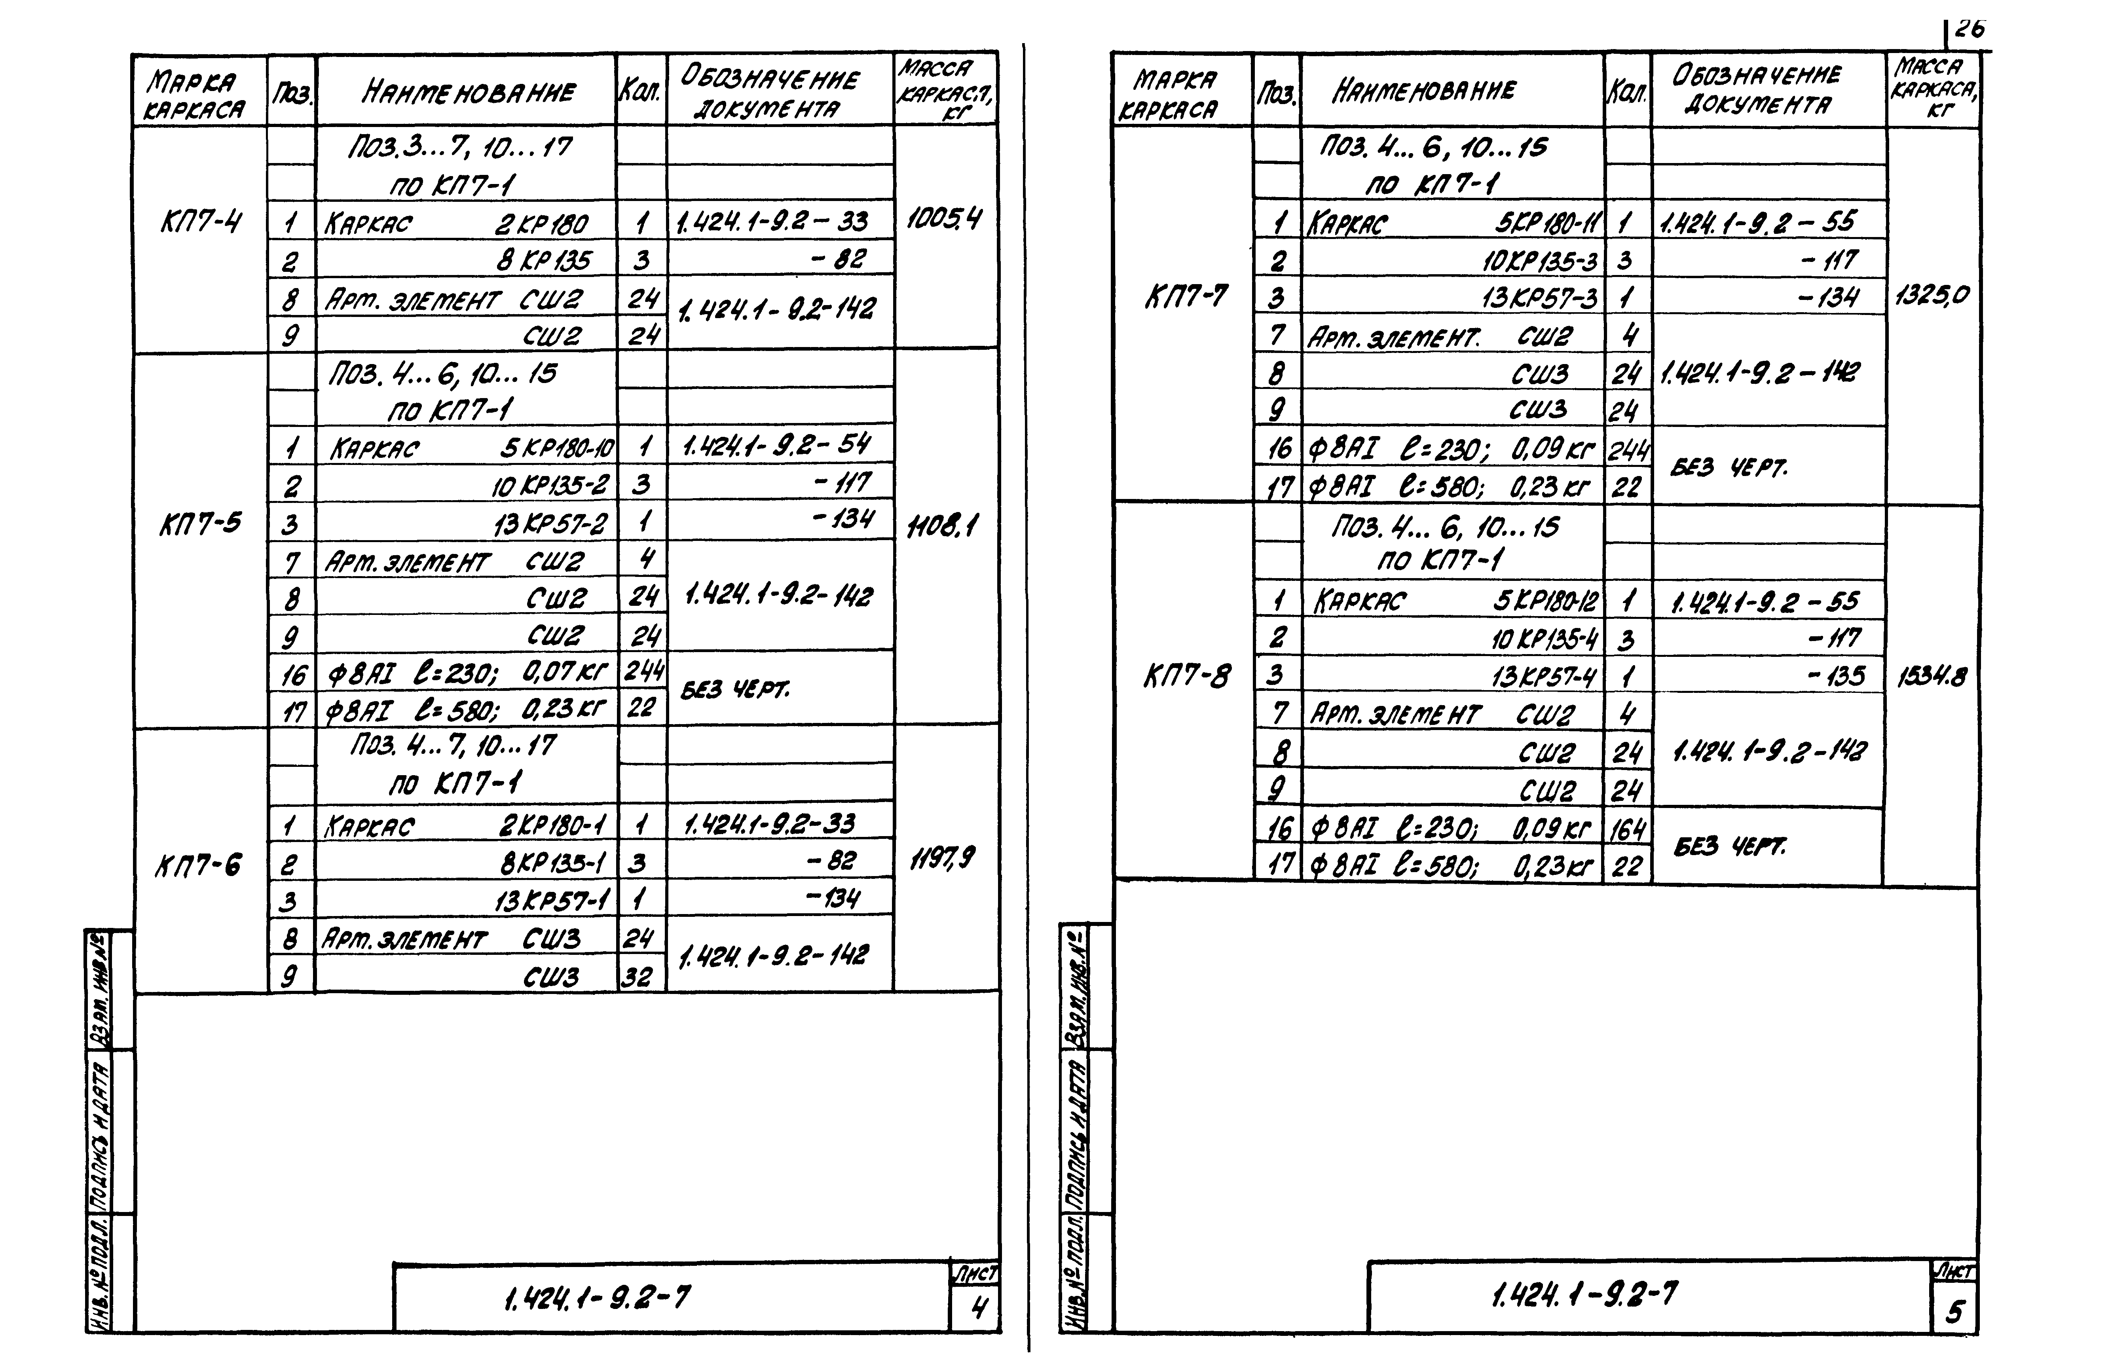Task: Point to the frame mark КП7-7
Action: pyautogui.click(x=1186, y=296)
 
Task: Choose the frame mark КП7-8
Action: pyautogui.click(x=1186, y=677)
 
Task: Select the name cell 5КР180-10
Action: pyautogui.click(x=556, y=449)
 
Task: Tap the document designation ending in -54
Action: pyautogui.click(x=777, y=444)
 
